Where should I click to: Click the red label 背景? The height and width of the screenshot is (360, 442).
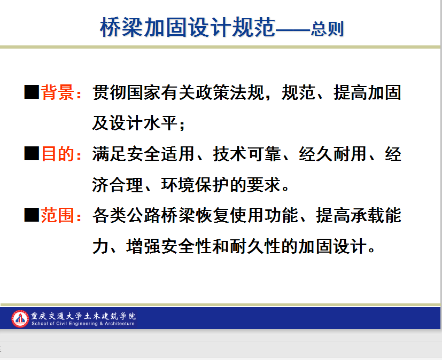[58, 92]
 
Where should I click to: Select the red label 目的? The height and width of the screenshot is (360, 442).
[58, 154]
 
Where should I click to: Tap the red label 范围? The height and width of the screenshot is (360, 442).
[58, 215]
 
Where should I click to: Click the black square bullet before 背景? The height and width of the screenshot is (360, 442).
[32, 92]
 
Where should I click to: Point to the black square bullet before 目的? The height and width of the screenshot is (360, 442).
[32, 153]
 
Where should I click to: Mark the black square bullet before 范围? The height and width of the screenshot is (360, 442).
[32, 215]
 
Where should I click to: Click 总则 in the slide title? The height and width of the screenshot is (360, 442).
[327, 29]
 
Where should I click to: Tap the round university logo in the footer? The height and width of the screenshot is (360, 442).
[20, 319]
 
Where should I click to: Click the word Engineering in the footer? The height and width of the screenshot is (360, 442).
[83, 324]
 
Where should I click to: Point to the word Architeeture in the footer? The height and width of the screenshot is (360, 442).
[120, 324]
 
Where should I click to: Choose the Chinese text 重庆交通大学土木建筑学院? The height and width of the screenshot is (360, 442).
[83, 316]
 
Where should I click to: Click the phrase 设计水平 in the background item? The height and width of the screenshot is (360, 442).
[143, 123]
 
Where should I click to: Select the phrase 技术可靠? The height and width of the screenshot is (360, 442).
[247, 154]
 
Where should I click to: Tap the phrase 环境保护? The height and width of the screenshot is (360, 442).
[195, 185]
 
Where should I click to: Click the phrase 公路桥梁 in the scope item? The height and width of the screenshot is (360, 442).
[161, 215]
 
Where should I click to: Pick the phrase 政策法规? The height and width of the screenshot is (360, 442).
[230, 92]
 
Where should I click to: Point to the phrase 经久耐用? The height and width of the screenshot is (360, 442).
[333, 154]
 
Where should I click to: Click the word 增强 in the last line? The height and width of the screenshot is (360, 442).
[143, 246]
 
